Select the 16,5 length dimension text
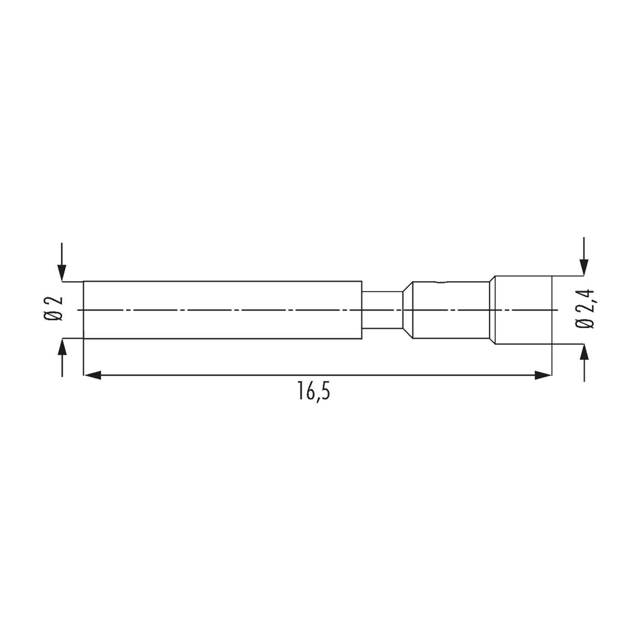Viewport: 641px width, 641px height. click(314, 393)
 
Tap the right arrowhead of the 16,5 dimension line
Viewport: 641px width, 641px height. click(543, 376)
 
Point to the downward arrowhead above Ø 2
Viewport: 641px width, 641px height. click(62, 273)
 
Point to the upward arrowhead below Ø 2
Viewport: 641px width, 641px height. click(62, 347)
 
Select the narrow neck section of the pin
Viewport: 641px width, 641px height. click(382, 310)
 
